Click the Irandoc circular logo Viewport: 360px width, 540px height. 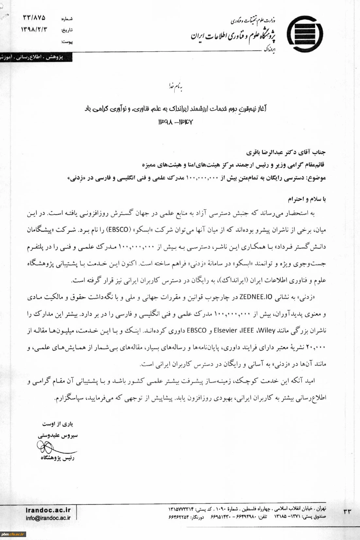(305, 34)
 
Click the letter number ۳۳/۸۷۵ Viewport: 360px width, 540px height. (34, 17)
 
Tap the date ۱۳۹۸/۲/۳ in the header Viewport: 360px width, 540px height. (34, 29)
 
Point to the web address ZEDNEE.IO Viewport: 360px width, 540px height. (256, 297)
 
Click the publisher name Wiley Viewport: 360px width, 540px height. (267, 330)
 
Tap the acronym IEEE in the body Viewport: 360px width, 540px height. (247, 330)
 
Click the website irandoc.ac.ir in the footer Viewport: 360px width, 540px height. (48, 510)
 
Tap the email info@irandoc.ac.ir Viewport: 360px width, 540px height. (48, 518)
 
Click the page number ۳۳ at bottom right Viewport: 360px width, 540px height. (347, 512)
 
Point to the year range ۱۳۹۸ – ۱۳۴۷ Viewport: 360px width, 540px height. (176, 122)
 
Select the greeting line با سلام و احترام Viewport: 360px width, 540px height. (307, 199)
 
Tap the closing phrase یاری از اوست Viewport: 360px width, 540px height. (58, 424)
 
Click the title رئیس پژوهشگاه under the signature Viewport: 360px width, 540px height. (58, 458)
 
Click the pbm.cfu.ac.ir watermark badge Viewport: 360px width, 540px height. (13, 534)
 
